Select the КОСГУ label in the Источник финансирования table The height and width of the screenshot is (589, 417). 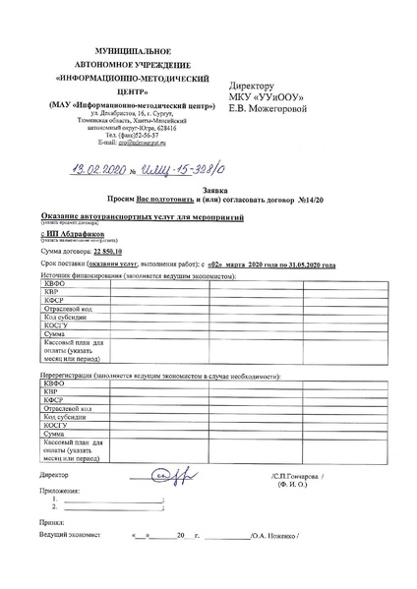coord(55,325)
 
